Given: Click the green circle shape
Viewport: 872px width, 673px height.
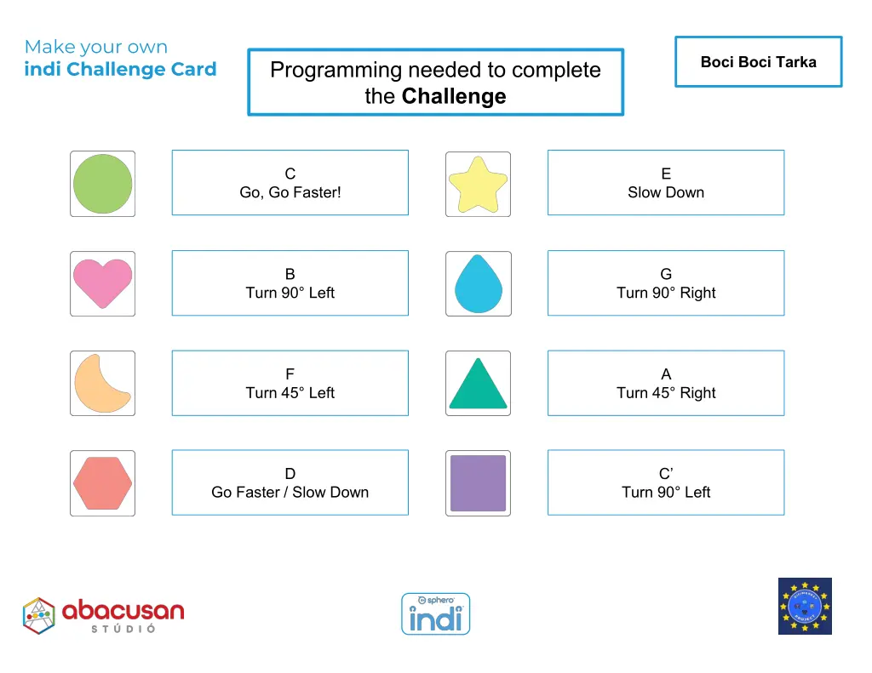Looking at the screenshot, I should [102, 184].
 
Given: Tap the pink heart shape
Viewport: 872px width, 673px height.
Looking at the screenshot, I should [102, 283].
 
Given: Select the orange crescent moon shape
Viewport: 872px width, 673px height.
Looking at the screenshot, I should [100, 384].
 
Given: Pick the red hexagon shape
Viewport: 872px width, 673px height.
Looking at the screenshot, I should [102, 482].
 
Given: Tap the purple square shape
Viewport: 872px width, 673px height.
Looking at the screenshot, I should [478, 483].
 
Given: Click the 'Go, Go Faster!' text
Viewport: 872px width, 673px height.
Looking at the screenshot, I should [290, 192].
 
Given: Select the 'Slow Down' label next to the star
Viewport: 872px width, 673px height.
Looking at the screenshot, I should [666, 192].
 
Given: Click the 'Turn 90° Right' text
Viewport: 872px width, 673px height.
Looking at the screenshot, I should [666, 293].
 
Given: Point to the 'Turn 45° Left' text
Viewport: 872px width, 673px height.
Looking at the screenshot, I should [290, 393].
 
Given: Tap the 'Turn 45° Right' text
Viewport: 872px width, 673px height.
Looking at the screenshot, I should [666, 393].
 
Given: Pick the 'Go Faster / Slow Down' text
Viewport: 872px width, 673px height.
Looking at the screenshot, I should [290, 492].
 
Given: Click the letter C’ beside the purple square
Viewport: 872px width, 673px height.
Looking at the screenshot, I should [666, 474].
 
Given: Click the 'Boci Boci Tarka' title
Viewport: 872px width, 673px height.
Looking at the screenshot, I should [758, 62].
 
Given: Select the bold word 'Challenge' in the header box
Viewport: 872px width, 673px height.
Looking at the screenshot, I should [454, 96].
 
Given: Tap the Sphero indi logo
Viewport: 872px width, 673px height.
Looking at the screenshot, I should [435, 613].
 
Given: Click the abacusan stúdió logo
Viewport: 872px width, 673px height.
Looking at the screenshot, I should [103, 615].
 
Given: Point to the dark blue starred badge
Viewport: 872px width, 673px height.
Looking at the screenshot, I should [805, 606].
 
